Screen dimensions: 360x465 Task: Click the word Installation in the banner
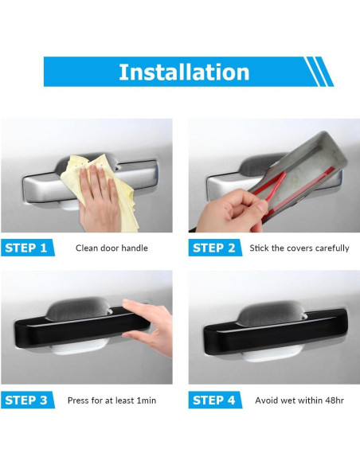(x=184, y=72)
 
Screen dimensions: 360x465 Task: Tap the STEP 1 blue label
(x=27, y=248)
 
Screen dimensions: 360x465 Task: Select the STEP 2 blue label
(x=215, y=248)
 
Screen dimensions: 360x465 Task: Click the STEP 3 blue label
(x=27, y=400)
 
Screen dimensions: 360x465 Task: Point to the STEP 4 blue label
(x=215, y=400)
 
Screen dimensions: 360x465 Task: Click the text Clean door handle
(x=112, y=248)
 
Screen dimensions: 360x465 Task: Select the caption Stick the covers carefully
(x=299, y=248)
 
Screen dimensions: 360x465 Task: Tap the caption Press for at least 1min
(x=112, y=401)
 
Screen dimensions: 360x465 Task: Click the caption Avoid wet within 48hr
(x=299, y=401)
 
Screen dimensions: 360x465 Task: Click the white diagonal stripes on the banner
(x=319, y=72)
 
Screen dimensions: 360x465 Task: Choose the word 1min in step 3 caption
(x=147, y=401)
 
